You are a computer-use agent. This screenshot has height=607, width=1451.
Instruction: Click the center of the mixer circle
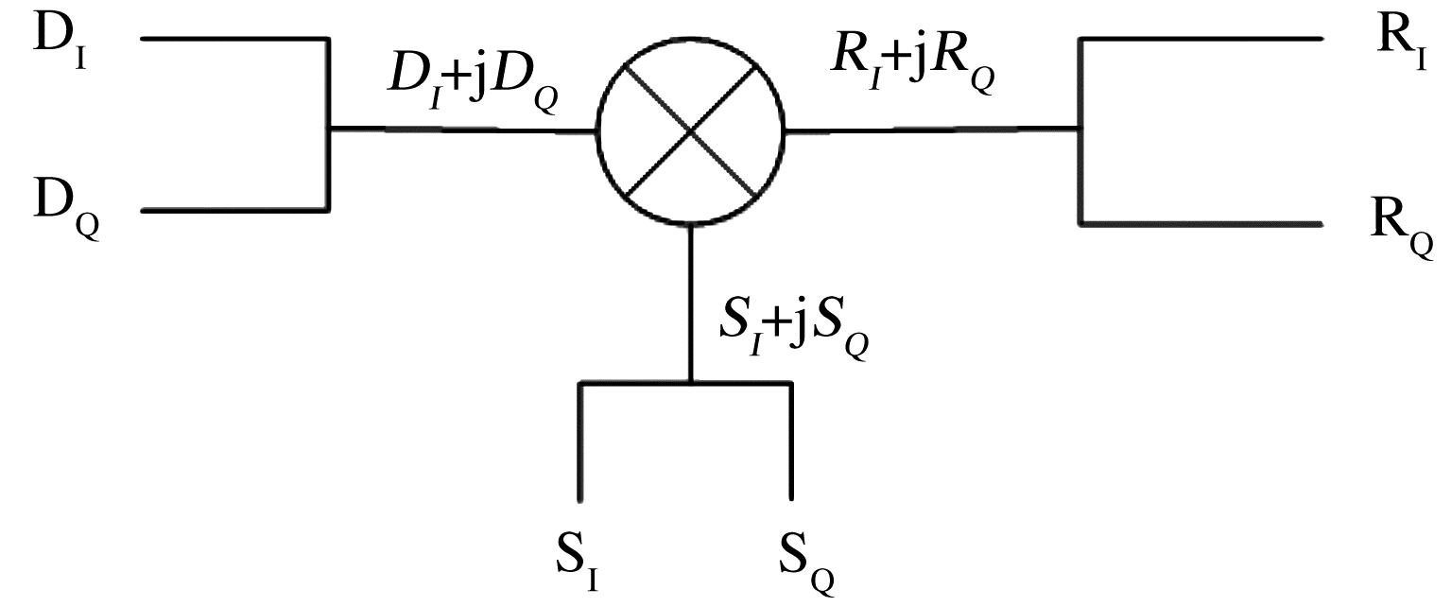click(x=690, y=130)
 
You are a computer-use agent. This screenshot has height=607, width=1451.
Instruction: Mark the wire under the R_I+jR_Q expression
click(x=931, y=129)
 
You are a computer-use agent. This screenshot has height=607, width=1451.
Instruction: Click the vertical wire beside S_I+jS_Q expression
click(x=691, y=303)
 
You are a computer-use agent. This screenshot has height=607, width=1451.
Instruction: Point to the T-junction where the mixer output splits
click(x=1080, y=129)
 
